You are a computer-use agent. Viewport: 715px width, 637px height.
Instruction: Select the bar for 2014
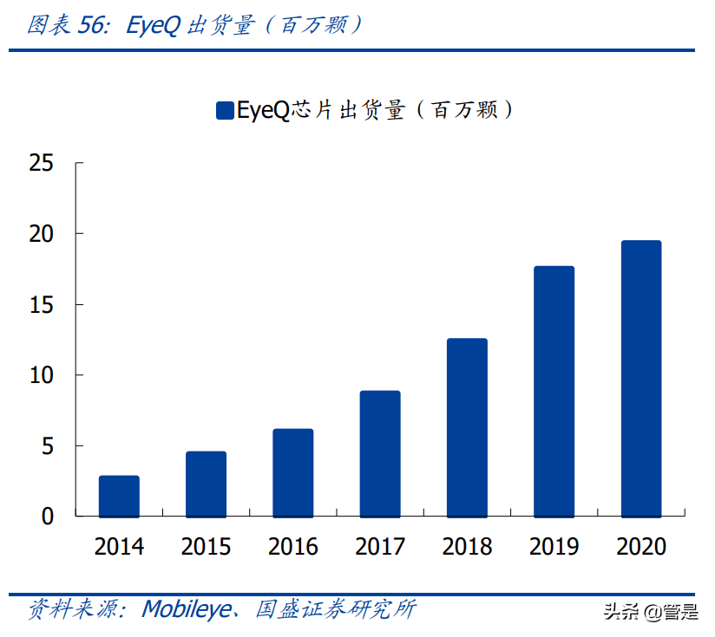point(119,496)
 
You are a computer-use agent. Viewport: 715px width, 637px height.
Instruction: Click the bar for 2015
point(206,484)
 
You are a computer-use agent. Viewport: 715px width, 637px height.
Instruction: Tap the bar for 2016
point(293,472)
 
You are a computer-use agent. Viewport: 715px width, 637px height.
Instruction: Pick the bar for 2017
point(380,453)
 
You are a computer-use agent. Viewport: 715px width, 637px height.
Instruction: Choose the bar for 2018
point(467,427)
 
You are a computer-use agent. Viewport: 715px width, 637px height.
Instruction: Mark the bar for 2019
point(554,391)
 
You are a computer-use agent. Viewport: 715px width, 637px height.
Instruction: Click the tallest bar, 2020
point(641,378)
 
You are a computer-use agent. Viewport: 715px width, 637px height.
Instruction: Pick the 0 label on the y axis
point(48,517)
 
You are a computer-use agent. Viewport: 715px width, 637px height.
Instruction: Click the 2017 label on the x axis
point(380,548)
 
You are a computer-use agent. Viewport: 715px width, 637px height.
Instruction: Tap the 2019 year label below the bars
point(554,548)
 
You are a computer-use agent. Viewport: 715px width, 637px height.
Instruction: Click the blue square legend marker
point(224,110)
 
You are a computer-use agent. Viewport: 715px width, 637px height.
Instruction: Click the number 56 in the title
point(91,26)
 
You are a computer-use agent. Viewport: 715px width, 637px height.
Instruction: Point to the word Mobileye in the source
point(187,609)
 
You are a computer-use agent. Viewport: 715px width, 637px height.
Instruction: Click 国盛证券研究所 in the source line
point(336,609)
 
